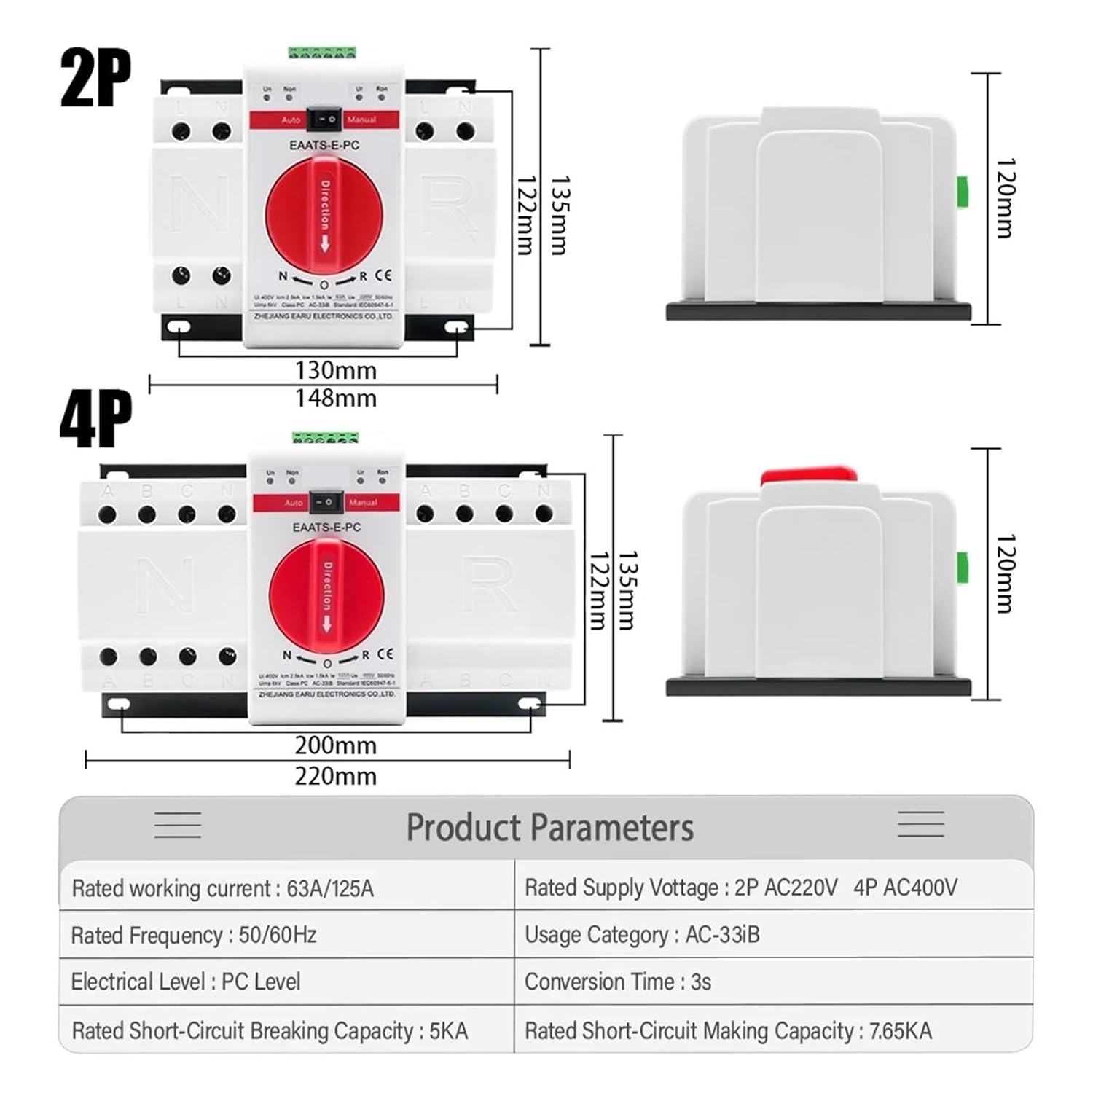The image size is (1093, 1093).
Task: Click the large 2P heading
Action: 95,78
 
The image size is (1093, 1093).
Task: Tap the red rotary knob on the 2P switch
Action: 324,215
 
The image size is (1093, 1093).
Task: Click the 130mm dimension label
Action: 336,370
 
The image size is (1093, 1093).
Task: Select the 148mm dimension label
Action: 336,398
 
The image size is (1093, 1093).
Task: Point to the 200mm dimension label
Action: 336,745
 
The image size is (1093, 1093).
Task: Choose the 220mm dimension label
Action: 336,776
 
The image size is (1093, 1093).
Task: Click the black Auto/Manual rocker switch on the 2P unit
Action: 323,118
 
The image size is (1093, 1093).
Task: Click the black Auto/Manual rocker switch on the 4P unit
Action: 327,502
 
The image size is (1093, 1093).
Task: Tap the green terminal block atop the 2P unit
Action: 322,52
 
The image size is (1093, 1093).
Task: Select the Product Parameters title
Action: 549,828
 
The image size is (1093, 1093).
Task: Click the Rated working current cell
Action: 222,888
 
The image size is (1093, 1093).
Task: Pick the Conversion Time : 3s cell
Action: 617,982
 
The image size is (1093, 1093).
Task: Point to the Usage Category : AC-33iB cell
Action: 642,935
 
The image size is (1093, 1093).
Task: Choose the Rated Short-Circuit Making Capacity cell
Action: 728,1031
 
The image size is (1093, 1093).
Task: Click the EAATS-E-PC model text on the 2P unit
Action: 324,146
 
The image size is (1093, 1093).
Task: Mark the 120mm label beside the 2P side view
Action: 1005,198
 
